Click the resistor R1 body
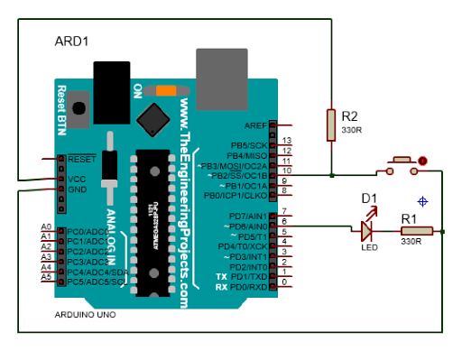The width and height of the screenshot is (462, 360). (x=416, y=231)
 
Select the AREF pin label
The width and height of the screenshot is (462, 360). (x=254, y=126)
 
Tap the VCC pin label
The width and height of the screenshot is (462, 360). (x=77, y=179)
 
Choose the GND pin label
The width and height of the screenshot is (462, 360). (x=77, y=189)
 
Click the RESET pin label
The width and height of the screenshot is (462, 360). (x=81, y=158)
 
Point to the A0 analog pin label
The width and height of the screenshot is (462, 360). (x=46, y=226)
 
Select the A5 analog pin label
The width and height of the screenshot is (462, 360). (x=46, y=277)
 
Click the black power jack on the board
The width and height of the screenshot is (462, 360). (x=114, y=90)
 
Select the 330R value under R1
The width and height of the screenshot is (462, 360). (x=411, y=242)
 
